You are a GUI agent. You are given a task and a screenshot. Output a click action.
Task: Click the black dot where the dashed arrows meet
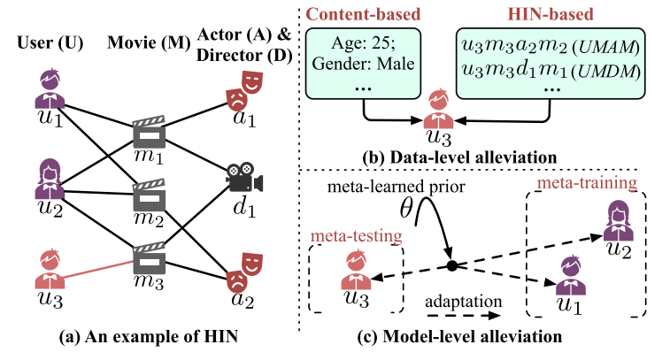coord(451,265)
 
